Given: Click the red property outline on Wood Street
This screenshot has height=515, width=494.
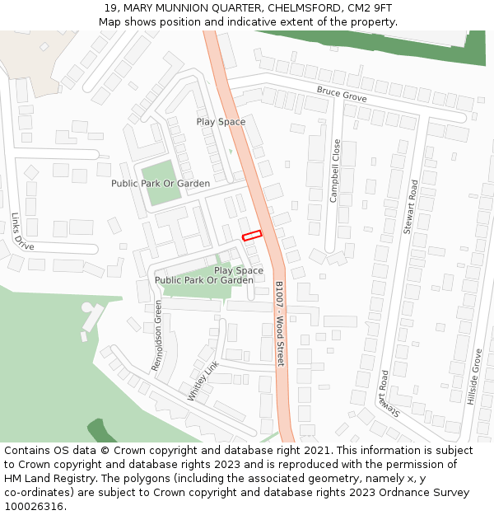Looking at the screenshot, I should pos(252,236).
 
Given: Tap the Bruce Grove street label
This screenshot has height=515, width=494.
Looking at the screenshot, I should pos(341,94).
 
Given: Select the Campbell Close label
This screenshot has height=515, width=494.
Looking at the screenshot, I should pos(335,171).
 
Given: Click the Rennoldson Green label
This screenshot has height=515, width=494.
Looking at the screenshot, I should pos(157,335).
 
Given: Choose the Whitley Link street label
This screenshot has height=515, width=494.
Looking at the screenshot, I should pos(203,381).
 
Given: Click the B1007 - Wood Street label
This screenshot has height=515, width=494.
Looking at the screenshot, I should pos(279,324).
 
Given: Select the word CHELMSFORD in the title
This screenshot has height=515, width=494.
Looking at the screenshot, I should pos(300,8).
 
